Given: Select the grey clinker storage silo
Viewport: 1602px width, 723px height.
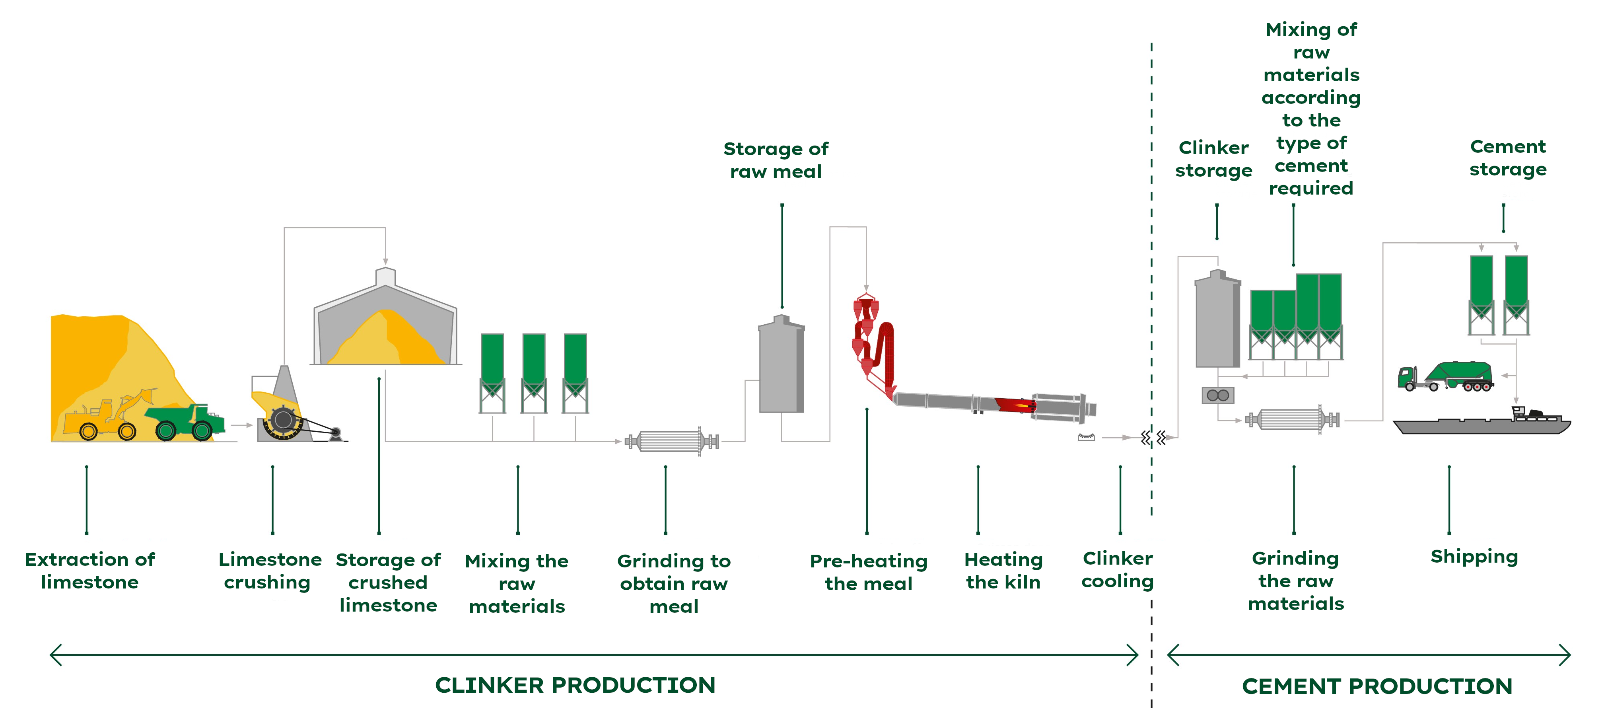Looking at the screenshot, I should tap(1217, 320).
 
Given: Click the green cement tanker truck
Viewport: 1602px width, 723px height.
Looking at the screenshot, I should tap(1446, 376).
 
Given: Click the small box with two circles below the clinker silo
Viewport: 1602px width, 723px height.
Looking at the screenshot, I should tap(1217, 395).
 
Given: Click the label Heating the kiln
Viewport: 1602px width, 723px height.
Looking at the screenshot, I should tap(1003, 571).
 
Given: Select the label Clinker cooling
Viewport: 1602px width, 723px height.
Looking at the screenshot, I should tap(1118, 569).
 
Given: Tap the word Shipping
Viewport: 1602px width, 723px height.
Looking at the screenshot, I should tap(1474, 556).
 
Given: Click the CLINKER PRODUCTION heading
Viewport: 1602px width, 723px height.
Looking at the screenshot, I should tap(575, 685).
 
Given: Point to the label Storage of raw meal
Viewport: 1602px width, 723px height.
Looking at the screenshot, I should tap(776, 160).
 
